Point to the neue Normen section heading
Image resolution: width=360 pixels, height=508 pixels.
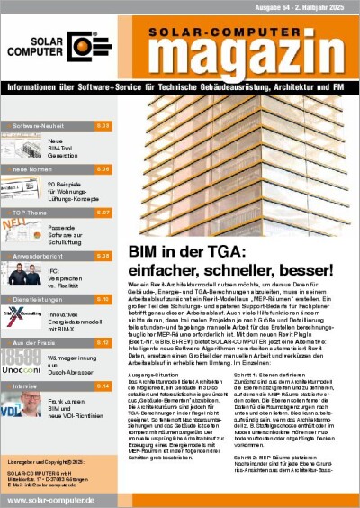tap(33, 169)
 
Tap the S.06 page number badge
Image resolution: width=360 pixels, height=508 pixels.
tap(103, 169)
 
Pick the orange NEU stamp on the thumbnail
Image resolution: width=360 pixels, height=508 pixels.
tap(16, 229)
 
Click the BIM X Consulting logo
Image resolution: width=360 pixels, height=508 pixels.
tap(22, 315)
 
